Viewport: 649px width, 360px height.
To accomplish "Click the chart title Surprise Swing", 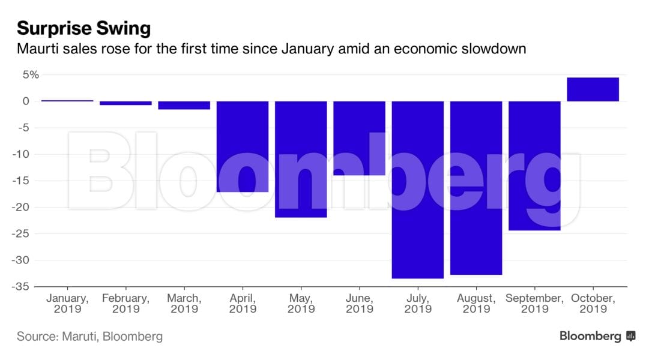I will click(x=83, y=28).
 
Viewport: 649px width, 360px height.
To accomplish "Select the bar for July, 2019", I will click(x=418, y=189).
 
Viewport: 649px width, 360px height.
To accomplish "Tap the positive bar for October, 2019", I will click(x=593, y=89).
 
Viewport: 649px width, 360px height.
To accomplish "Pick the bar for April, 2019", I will click(x=243, y=146).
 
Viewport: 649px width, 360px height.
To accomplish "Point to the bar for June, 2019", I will click(x=359, y=138).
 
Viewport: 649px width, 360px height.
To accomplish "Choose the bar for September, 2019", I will click(x=534, y=166).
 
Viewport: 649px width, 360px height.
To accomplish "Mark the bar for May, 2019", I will click(x=301, y=159).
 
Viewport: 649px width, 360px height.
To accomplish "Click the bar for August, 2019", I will click(x=476, y=187).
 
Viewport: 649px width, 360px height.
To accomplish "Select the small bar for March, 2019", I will click(x=184, y=105).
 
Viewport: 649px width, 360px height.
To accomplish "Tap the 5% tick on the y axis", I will click(x=31, y=74).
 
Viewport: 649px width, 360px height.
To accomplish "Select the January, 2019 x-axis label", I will click(x=67, y=304).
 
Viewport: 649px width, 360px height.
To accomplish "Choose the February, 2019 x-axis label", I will click(x=125, y=304).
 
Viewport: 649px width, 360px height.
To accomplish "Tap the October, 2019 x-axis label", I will click(x=593, y=304).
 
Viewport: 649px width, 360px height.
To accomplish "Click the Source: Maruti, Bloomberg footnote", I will click(x=89, y=337).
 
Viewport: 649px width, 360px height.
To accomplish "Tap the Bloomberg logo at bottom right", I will click(x=597, y=336).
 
